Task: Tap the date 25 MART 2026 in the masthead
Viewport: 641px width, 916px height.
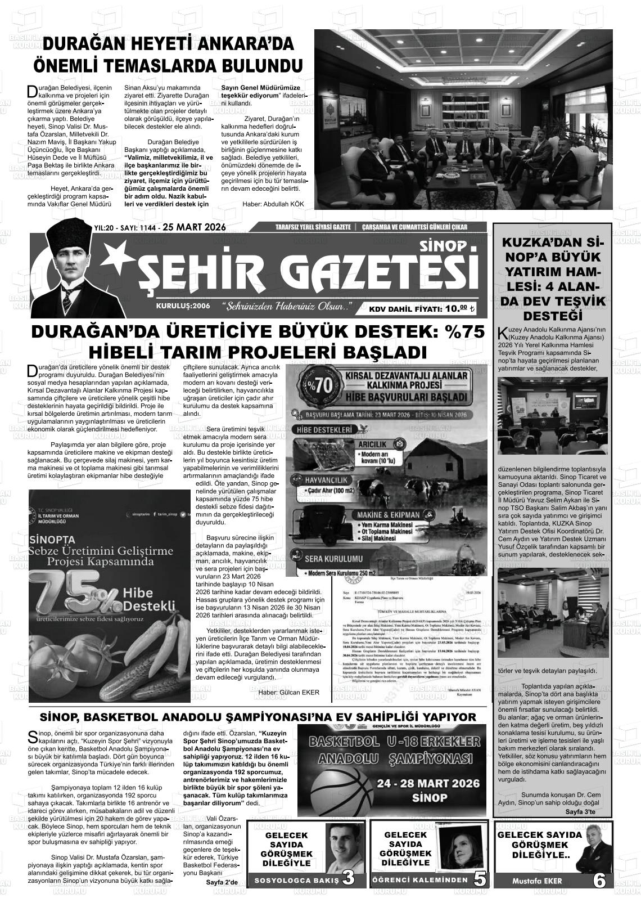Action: click(193, 227)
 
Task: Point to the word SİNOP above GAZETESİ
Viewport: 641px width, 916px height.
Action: click(427, 246)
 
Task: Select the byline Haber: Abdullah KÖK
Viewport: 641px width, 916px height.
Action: click(273, 204)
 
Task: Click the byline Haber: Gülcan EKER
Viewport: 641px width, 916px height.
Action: click(288, 692)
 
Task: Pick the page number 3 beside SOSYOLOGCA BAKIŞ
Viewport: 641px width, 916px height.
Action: click(348, 878)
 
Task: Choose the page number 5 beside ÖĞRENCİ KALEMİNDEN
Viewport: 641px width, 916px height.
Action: click(479, 879)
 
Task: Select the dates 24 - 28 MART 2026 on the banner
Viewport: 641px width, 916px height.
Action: click(429, 783)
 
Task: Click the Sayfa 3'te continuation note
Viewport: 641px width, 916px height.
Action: click(580, 812)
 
